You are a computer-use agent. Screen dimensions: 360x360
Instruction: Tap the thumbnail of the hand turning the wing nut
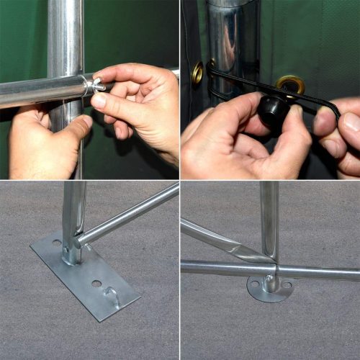click(x=99, y=100)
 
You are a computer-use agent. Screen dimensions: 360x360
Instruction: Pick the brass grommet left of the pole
click(x=197, y=72)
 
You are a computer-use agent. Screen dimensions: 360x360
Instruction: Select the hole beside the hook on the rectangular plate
click(x=96, y=283)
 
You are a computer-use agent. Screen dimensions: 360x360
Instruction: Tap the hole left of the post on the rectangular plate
click(x=57, y=243)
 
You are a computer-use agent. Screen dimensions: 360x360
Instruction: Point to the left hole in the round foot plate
click(x=253, y=285)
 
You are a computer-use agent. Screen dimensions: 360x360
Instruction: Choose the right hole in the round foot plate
click(x=287, y=284)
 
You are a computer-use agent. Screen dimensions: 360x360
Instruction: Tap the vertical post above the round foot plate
click(x=269, y=216)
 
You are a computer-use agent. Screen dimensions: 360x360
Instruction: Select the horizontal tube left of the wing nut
click(x=40, y=91)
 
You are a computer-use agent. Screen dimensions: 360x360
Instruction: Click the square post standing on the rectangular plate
click(x=73, y=216)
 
